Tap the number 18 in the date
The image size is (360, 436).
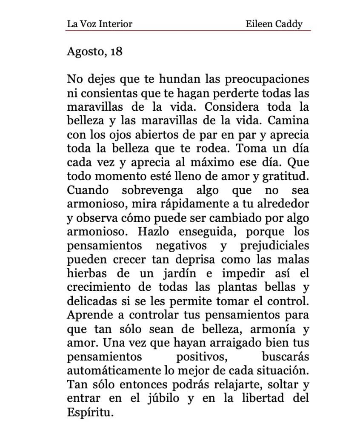(x=116, y=52)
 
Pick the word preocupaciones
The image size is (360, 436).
(x=266, y=80)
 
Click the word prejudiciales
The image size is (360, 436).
(x=274, y=246)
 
